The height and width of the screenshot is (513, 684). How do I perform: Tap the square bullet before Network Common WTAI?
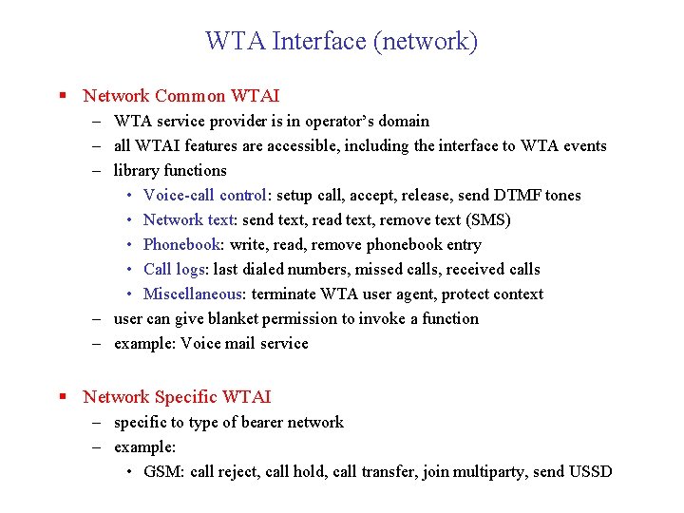[x=63, y=96]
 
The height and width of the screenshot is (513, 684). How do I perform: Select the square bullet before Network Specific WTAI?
[x=63, y=397]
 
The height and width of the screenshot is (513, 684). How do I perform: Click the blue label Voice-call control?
[x=204, y=196]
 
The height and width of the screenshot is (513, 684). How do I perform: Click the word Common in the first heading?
[x=190, y=96]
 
